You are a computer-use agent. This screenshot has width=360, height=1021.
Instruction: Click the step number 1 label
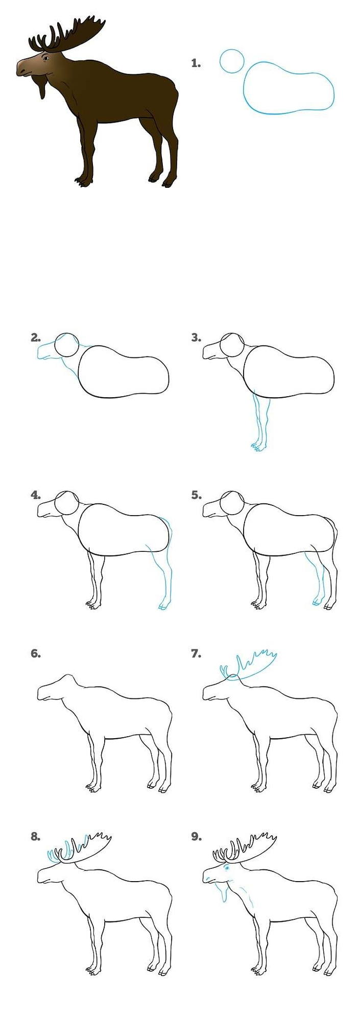196,63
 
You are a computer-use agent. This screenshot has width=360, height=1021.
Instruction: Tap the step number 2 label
36,337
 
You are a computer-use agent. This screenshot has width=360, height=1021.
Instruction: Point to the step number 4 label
36,495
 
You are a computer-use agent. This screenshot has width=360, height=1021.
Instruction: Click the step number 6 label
36,653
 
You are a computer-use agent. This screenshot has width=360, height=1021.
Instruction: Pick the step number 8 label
36,836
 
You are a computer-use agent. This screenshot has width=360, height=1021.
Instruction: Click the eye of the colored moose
45,58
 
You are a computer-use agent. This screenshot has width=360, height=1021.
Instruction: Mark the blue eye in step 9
227,867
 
